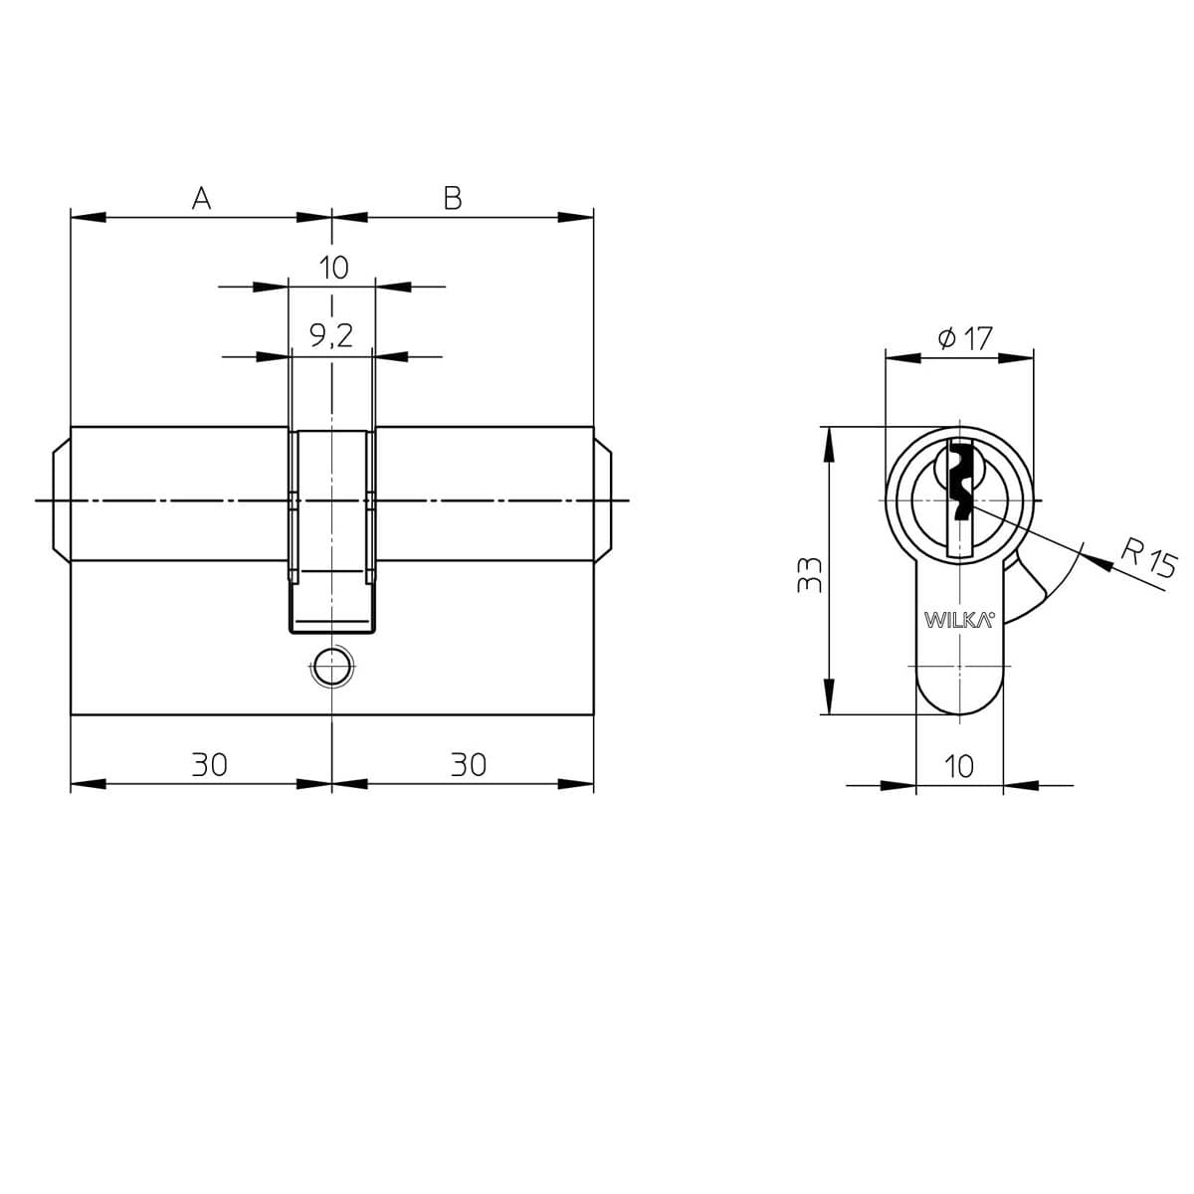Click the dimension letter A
click(x=201, y=198)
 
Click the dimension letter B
click(x=453, y=198)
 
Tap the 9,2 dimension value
click(x=331, y=336)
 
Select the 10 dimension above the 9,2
click(x=334, y=268)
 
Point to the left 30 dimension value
click(x=209, y=765)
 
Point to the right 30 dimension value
click(x=469, y=765)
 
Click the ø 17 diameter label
click(x=965, y=338)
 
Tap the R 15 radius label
click(x=1148, y=560)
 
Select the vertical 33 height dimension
click(x=809, y=576)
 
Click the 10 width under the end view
click(x=959, y=767)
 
